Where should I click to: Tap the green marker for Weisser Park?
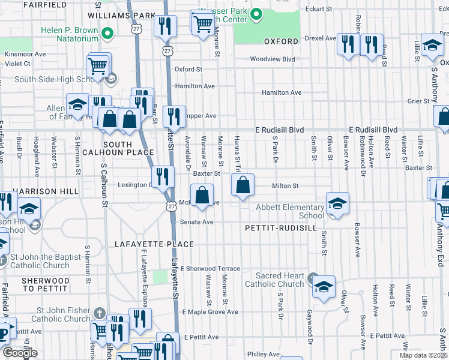click(x=257, y=13)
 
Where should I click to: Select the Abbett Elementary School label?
click(x=291, y=211)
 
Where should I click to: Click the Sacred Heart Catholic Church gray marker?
click(x=313, y=278)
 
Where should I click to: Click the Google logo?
click(x=20, y=352)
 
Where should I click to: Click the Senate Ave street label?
click(x=197, y=222)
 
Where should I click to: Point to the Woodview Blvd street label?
click(x=273, y=59)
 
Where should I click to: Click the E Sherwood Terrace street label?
click(x=210, y=268)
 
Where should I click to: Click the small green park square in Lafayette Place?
click(x=160, y=277)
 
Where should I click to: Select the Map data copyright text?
click(x=423, y=355)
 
